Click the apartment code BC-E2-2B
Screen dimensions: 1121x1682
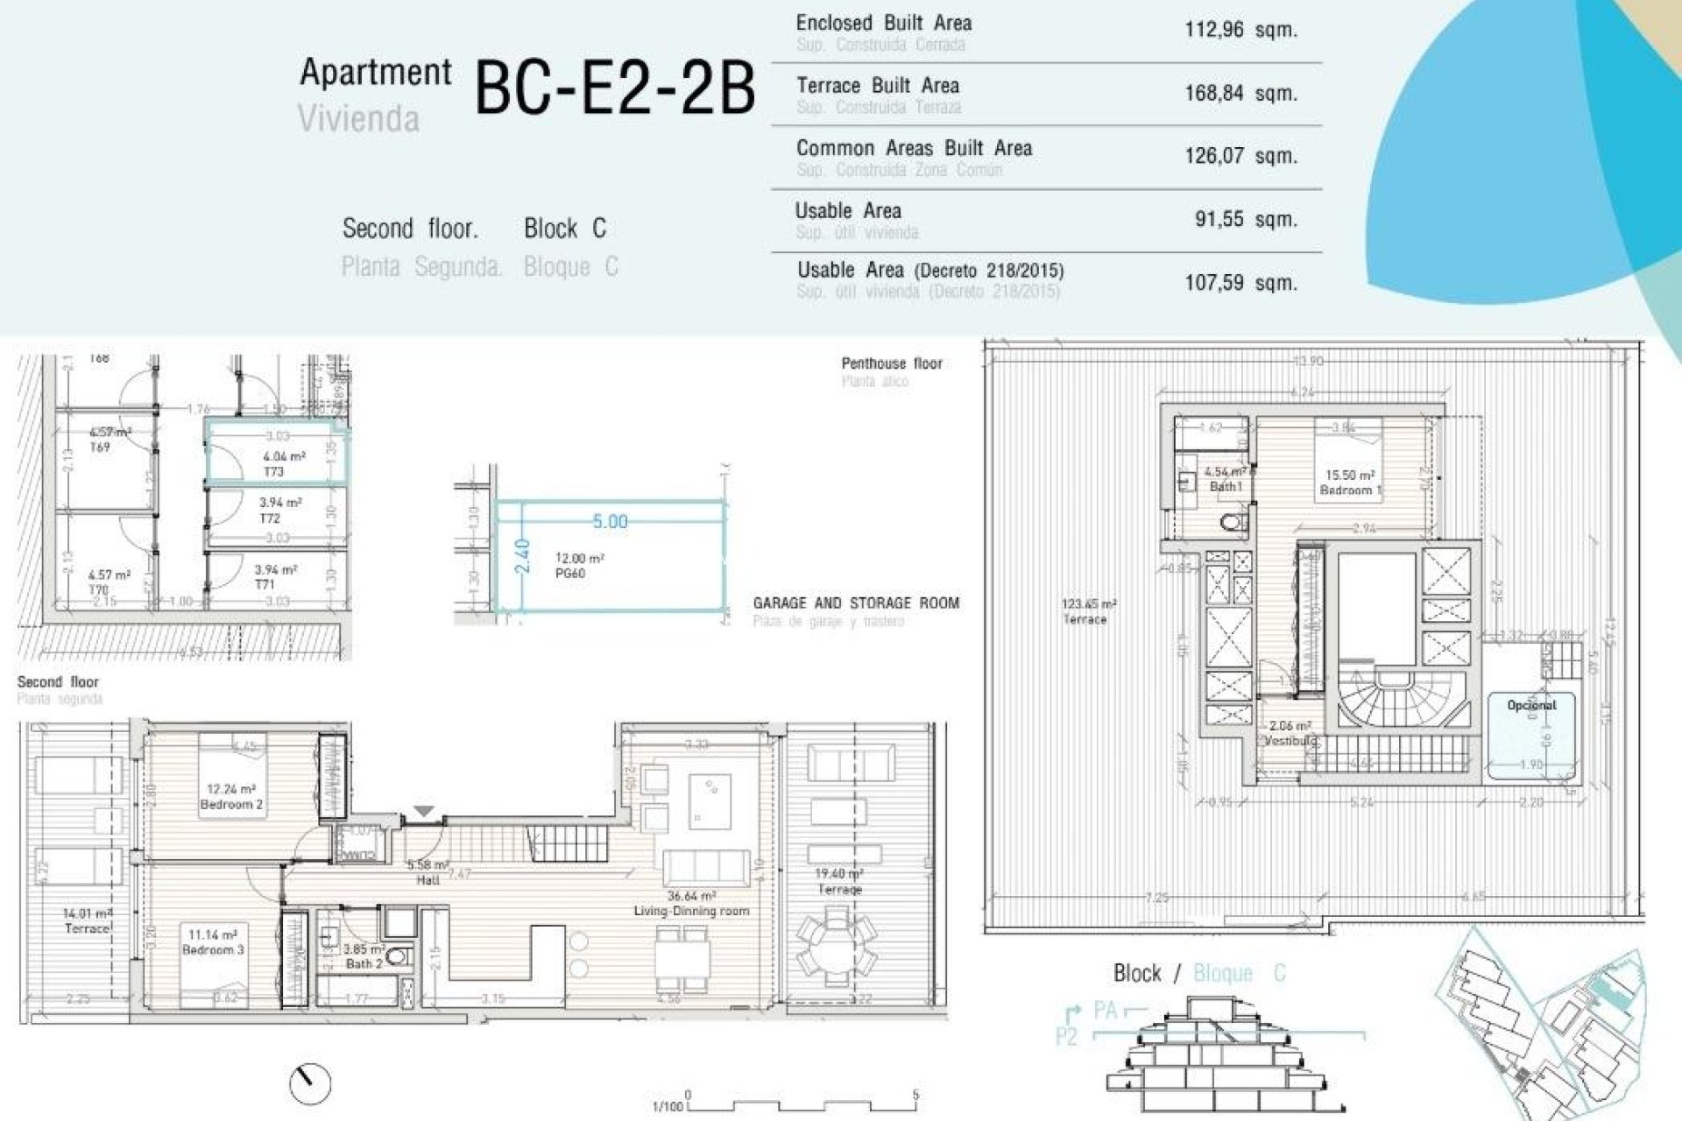click(614, 89)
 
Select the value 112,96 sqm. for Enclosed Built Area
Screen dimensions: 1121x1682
click(1240, 30)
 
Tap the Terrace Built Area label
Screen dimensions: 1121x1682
click(878, 86)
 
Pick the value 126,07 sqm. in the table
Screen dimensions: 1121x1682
click(1240, 156)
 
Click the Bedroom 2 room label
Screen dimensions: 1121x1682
click(231, 804)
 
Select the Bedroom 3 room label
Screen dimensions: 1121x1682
click(213, 949)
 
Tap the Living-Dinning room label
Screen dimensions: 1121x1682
click(691, 911)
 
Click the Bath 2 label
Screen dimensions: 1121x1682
click(364, 963)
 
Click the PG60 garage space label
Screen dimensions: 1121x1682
click(570, 573)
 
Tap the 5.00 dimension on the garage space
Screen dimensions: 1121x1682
click(610, 522)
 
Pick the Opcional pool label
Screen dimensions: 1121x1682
click(1531, 705)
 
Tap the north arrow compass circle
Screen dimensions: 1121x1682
click(310, 1083)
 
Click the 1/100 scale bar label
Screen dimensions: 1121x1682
click(668, 1106)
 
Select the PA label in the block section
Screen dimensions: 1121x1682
click(1106, 1011)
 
